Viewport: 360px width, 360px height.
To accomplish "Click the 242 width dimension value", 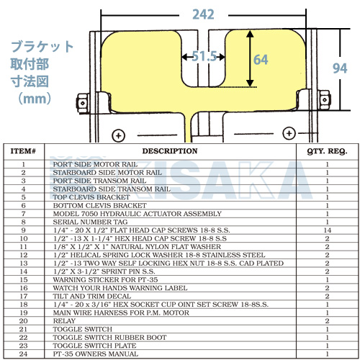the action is (203, 14).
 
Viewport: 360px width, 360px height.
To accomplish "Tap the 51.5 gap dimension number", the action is (204, 56).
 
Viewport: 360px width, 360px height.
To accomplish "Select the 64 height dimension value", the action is (261, 60).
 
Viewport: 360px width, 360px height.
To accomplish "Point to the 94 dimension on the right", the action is (340, 68).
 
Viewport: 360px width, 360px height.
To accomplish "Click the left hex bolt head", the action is (83, 103).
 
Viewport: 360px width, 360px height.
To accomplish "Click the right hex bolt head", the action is (325, 100).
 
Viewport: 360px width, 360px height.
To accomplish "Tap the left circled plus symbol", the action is (119, 135).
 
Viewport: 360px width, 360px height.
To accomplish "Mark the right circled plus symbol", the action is (289, 133).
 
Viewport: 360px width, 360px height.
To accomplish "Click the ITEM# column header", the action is (23, 151).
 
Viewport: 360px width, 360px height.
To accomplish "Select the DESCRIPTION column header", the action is (170, 151).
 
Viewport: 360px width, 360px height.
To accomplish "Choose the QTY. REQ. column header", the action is (327, 151).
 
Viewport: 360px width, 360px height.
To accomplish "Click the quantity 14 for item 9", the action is (327, 230).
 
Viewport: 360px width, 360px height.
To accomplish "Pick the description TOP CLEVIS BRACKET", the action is (91, 197).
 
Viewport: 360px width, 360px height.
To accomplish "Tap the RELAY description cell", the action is (64, 321).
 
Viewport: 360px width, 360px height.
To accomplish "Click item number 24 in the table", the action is (23, 354).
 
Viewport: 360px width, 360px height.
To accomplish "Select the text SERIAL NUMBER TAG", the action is (90, 222).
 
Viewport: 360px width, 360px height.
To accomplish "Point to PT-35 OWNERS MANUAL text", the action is (96, 354).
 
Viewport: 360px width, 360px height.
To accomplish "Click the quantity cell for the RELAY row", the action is (327, 321).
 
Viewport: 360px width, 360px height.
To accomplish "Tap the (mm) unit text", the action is (35, 99).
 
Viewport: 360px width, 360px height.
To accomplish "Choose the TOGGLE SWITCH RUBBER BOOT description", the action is (109, 338).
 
